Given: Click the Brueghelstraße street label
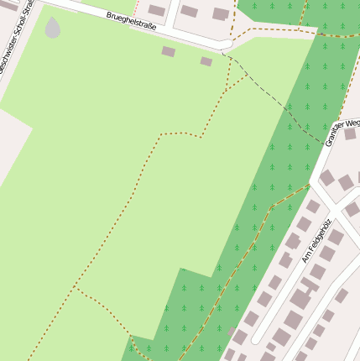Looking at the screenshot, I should tap(131, 19).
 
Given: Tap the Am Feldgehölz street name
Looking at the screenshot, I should tap(316, 241).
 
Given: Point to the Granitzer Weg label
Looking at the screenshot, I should tap(342, 132).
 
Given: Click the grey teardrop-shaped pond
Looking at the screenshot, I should tap(53, 29).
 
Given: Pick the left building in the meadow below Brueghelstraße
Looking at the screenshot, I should tap(169, 51).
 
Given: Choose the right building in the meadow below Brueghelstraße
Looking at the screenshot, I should tap(206, 61).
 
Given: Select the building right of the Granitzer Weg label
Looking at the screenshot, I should tap(350, 133).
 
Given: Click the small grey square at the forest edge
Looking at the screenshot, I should tap(231, 332).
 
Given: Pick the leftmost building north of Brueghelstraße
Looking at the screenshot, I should tap(157, 10).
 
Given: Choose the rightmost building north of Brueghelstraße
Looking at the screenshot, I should tap(221, 13).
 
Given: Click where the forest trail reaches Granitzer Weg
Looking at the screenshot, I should tap(310, 186).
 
